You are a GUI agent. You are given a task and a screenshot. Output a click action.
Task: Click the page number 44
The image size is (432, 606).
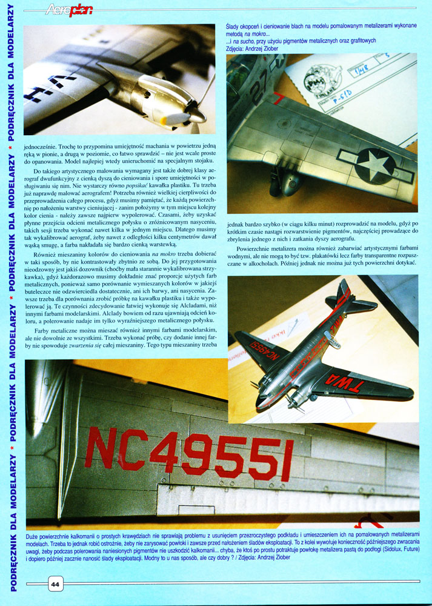55,585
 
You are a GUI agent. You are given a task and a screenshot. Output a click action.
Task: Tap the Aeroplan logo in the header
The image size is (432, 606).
69,8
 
